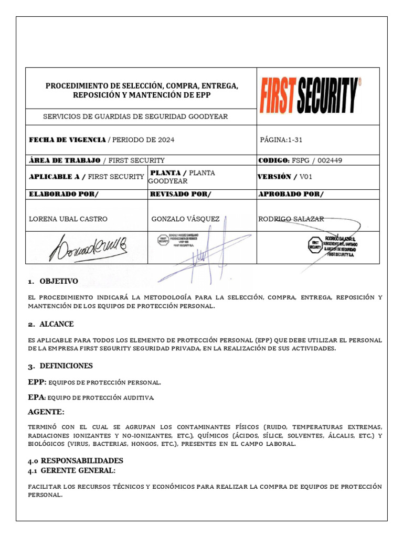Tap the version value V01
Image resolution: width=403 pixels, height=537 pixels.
305,177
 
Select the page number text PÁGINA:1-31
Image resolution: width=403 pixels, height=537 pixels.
281,140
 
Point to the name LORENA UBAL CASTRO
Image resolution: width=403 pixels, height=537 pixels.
68,219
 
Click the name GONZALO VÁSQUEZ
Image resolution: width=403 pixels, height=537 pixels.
185,219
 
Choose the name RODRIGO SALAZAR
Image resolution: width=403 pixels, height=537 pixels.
291,219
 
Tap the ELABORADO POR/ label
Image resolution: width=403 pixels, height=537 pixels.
63,195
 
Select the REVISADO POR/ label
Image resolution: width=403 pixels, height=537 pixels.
181,195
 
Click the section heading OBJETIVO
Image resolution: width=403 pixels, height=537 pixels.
58,281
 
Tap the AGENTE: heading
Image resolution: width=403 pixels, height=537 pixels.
47,412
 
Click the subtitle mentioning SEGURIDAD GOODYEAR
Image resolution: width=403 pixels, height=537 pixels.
135,116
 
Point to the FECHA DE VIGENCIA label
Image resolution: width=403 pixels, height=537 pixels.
67,140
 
